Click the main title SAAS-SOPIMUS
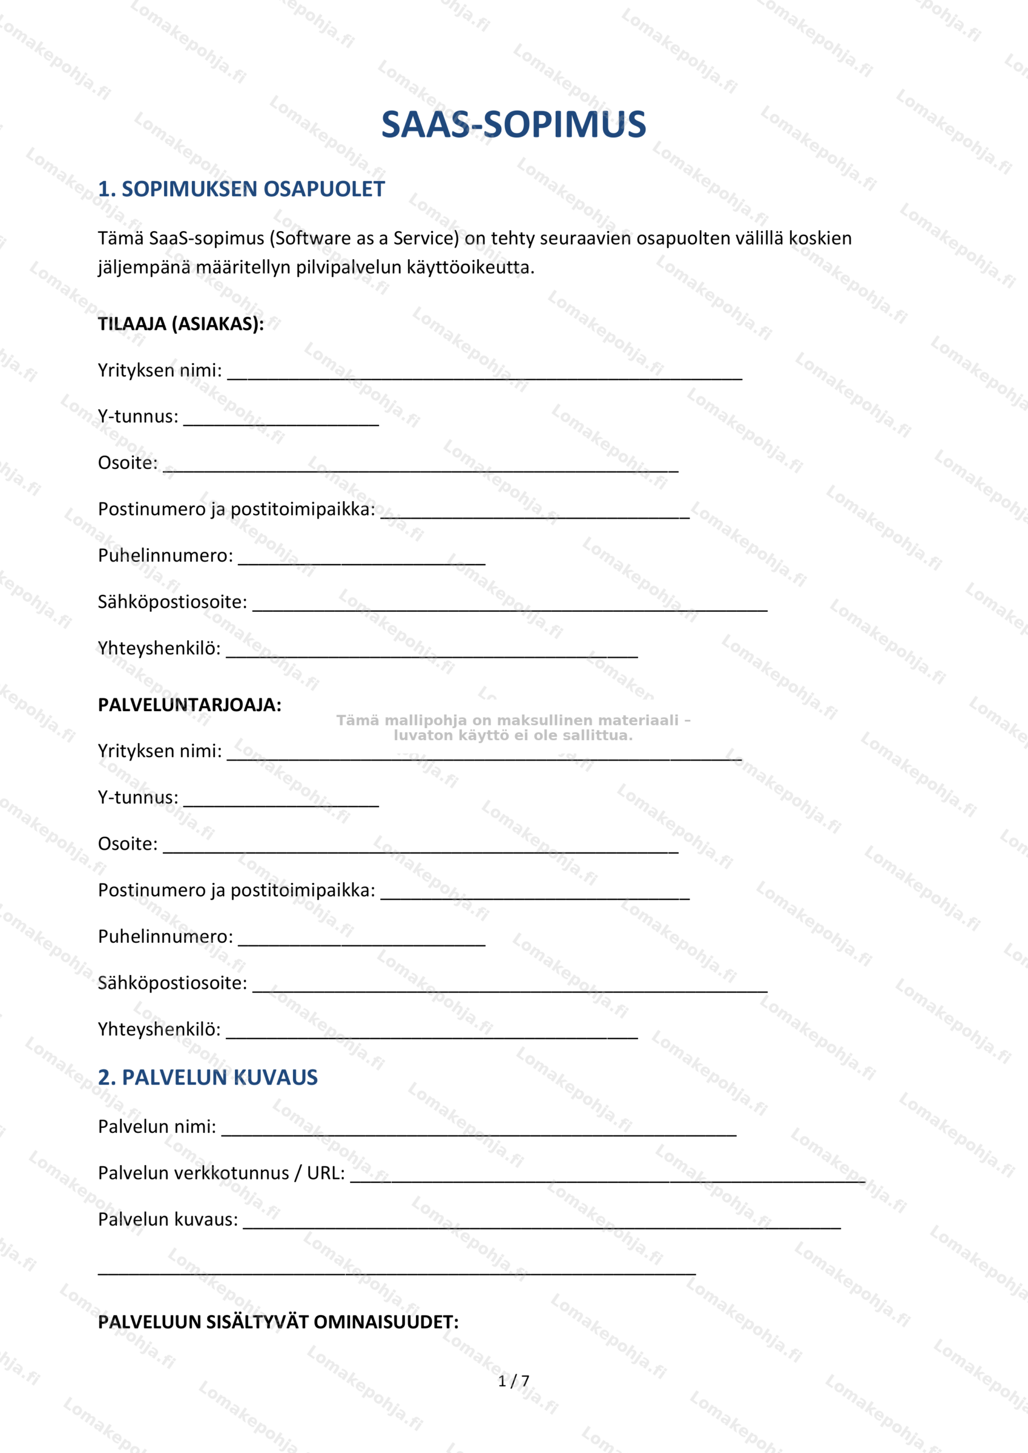(513, 125)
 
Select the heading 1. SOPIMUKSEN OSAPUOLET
(241, 189)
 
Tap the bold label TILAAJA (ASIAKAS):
(181, 324)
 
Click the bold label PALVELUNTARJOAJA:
(189, 705)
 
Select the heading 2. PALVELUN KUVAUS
(208, 1077)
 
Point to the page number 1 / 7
(513, 1381)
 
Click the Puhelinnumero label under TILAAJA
(165, 556)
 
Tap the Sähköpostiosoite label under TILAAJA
(172, 602)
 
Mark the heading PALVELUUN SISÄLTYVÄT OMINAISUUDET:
(278, 1322)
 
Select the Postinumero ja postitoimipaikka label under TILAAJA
(236, 510)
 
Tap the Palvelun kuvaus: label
(168, 1220)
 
